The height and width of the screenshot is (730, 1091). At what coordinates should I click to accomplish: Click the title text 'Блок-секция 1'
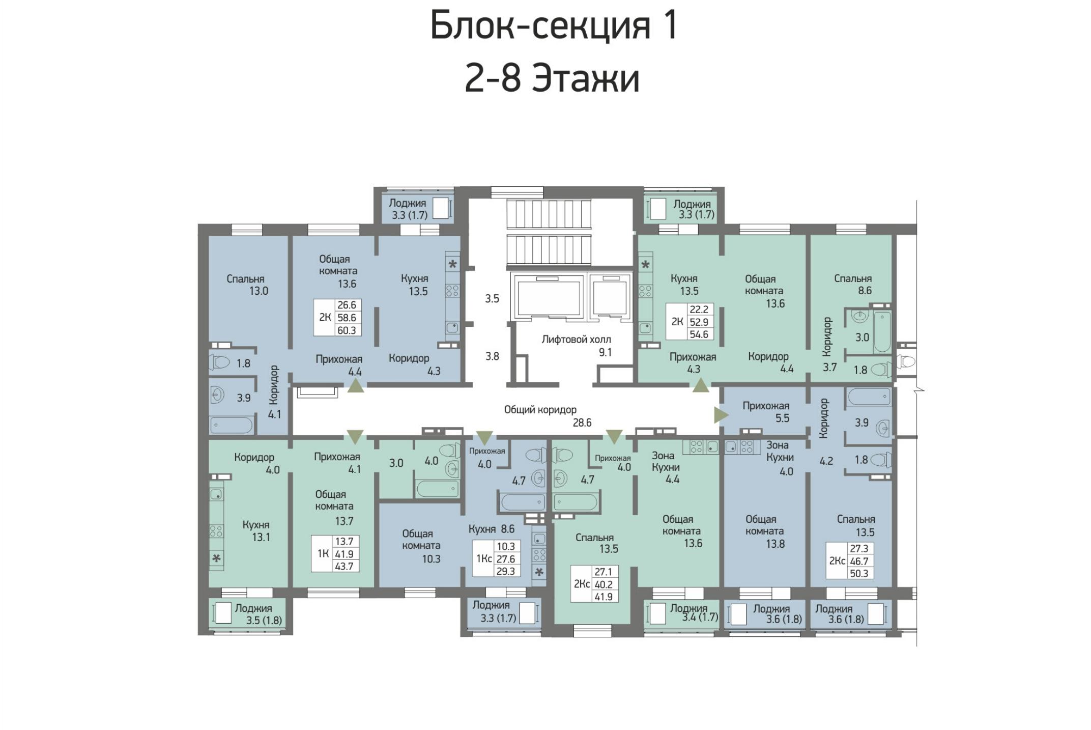click(x=554, y=25)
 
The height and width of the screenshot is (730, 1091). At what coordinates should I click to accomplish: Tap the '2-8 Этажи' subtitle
click(x=552, y=78)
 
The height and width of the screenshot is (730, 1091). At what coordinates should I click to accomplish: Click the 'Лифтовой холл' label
click(x=576, y=340)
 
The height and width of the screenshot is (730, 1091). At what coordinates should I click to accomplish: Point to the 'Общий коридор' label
click(x=540, y=410)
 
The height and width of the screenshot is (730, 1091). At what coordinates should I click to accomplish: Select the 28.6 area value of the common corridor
click(x=582, y=423)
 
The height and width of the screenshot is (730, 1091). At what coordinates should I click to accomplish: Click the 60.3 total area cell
click(x=347, y=330)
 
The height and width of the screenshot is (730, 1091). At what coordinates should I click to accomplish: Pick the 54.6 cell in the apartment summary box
click(x=699, y=334)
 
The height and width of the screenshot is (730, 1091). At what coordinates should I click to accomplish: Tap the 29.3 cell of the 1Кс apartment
click(x=506, y=571)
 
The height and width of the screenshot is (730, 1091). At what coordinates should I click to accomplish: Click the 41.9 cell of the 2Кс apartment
click(x=604, y=597)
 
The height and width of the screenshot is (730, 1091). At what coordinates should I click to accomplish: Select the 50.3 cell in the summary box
click(x=859, y=573)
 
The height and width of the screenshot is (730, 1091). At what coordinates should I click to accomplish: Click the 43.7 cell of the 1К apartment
click(x=344, y=566)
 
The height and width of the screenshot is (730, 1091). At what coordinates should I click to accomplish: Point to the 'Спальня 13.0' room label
click(x=246, y=285)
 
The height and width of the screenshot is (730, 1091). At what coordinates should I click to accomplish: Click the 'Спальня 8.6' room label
click(x=853, y=285)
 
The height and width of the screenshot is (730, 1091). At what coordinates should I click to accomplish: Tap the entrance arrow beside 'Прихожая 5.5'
click(x=721, y=415)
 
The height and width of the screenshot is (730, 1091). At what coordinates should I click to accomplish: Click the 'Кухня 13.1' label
click(x=256, y=531)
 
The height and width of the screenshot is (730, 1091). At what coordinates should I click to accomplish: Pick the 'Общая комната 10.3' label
click(x=421, y=546)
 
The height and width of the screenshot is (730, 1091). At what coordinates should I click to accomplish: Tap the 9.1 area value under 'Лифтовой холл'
click(x=605, y=352)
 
